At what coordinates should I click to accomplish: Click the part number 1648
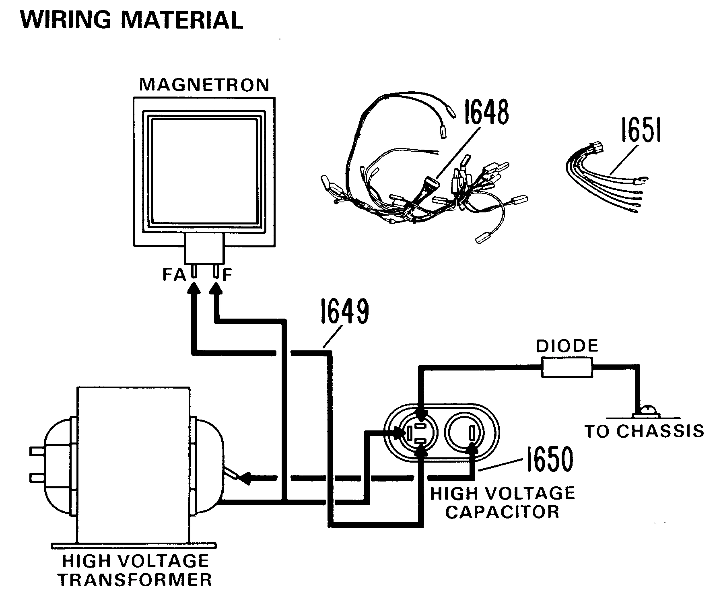[x=486, y=112]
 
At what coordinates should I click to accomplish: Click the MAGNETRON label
[x=204, y=85]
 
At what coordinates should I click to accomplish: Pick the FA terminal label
[x=174, y=275]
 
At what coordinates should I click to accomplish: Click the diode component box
[x=567, y=368]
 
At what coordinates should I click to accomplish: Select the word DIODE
[x=567, y=346]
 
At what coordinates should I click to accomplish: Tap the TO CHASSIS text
[x=644, y=431]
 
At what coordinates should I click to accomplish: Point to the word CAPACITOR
[x=503, y=512]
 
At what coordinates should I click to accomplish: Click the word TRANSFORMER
[x=135, y=580]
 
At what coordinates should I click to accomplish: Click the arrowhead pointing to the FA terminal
[x=194, y=288]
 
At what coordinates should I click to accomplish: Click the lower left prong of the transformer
[x=37, y=477]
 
